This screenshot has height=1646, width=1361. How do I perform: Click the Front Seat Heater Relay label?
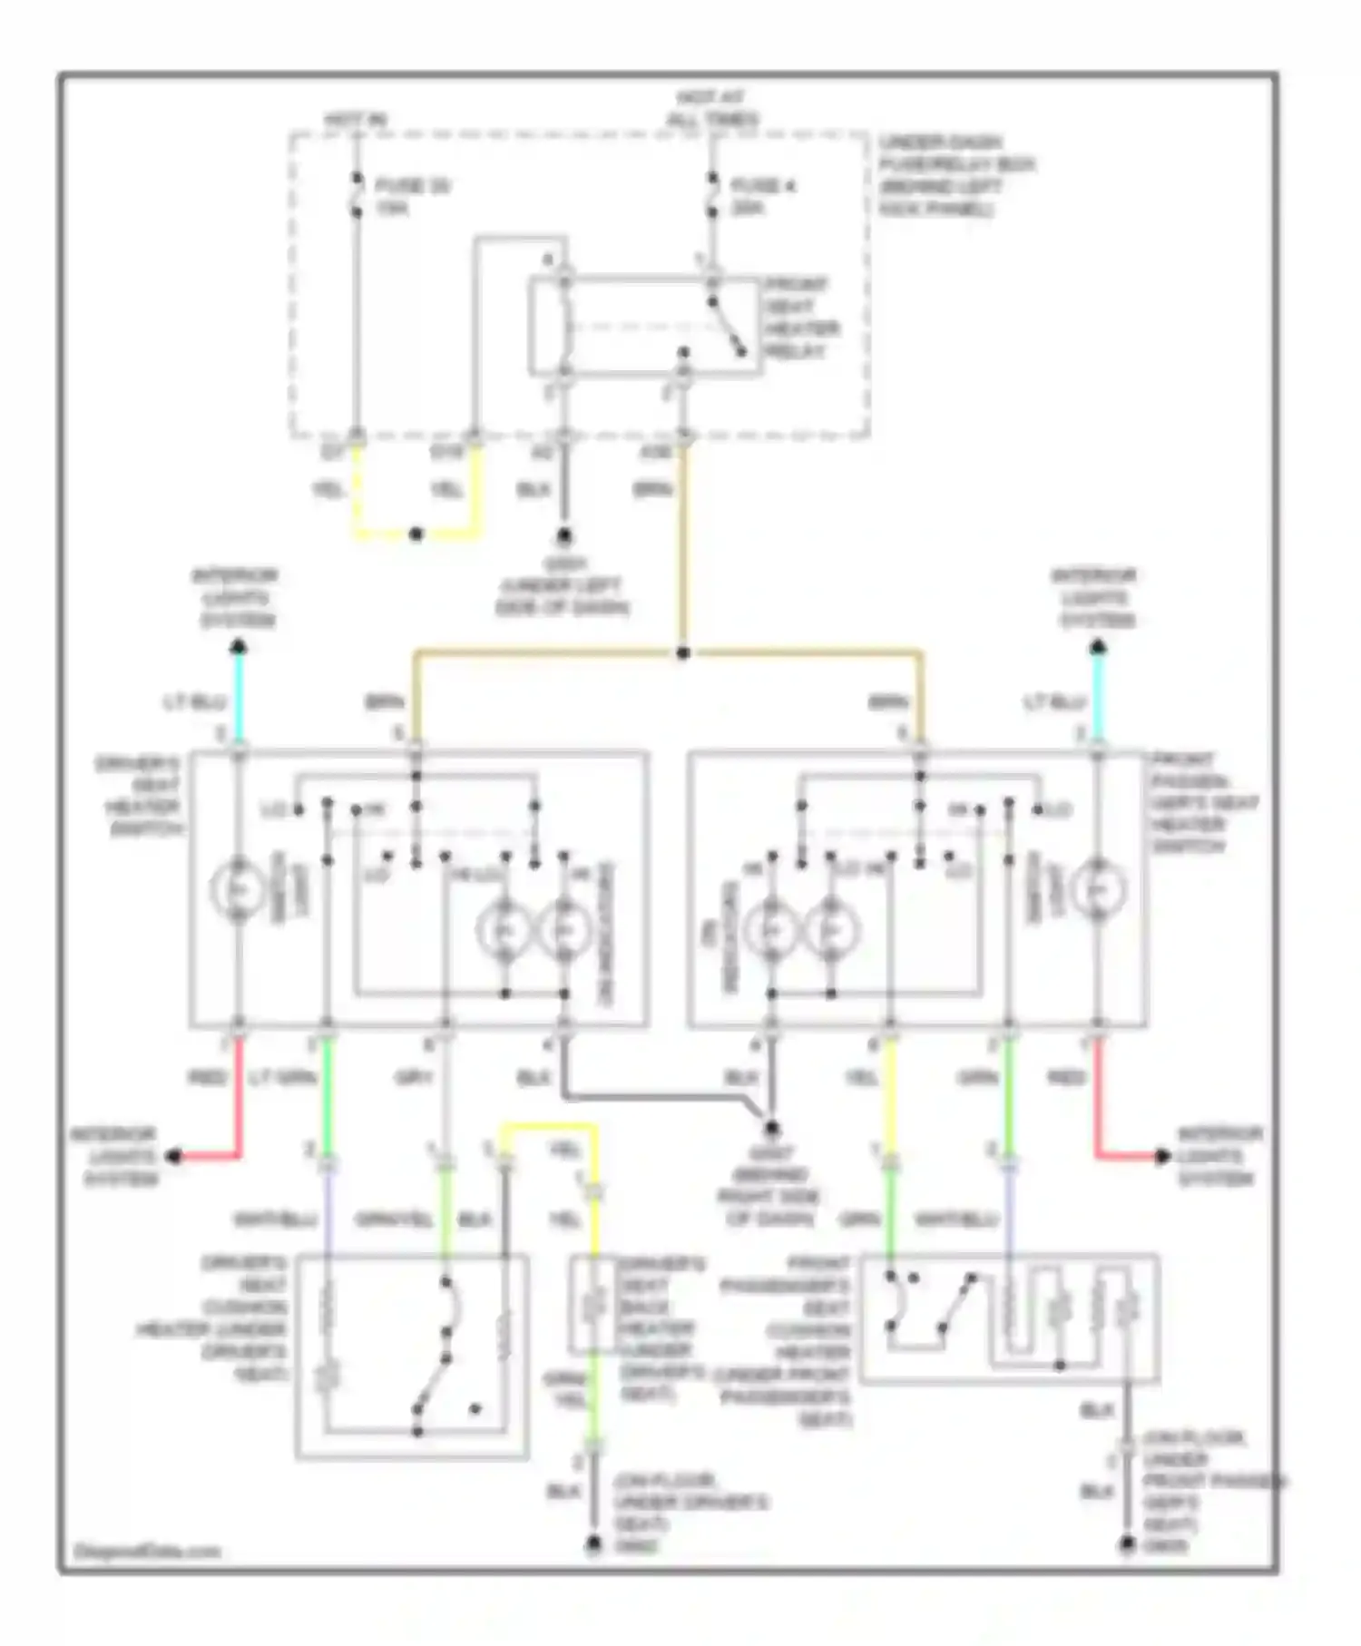[x=800, y=318]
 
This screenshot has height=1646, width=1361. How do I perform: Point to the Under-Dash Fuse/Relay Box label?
[x=955, y=176]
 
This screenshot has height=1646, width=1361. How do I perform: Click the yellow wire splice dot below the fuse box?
[x=416, y=534]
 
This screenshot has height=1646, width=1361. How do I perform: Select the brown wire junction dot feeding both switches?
[x=683, y=653]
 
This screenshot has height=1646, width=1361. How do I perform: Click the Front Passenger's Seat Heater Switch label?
[x=1202, y=803]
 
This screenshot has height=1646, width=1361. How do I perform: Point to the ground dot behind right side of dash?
[x=770, y=1128]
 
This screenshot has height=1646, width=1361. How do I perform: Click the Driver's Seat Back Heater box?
[x=593, y=1305]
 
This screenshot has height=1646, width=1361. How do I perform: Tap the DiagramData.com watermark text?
[x=147, y=1551]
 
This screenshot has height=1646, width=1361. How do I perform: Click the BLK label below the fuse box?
[x=534, y=490]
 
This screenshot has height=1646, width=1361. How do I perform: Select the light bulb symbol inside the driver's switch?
[x=238, y=889]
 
